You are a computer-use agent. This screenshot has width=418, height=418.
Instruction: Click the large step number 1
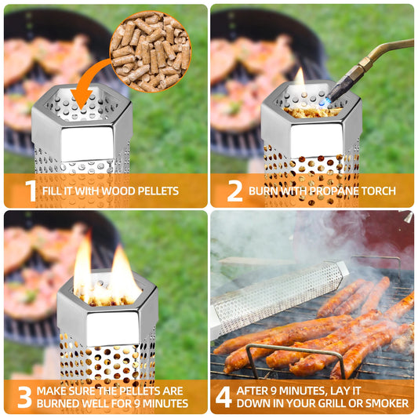click(31, 191)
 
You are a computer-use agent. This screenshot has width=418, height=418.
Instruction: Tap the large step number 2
click(234, 191)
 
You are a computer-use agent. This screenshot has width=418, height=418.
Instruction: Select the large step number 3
click(25, 397)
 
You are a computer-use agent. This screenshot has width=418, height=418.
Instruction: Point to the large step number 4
click(224, 397)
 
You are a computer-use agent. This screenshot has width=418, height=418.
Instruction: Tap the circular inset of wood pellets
click(151, 52)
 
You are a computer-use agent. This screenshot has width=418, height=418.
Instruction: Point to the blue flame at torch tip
click(325, 102)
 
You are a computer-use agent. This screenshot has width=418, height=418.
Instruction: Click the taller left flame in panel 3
click(82, 266)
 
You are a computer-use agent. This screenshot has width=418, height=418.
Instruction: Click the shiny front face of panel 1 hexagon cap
click(87, 144)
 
